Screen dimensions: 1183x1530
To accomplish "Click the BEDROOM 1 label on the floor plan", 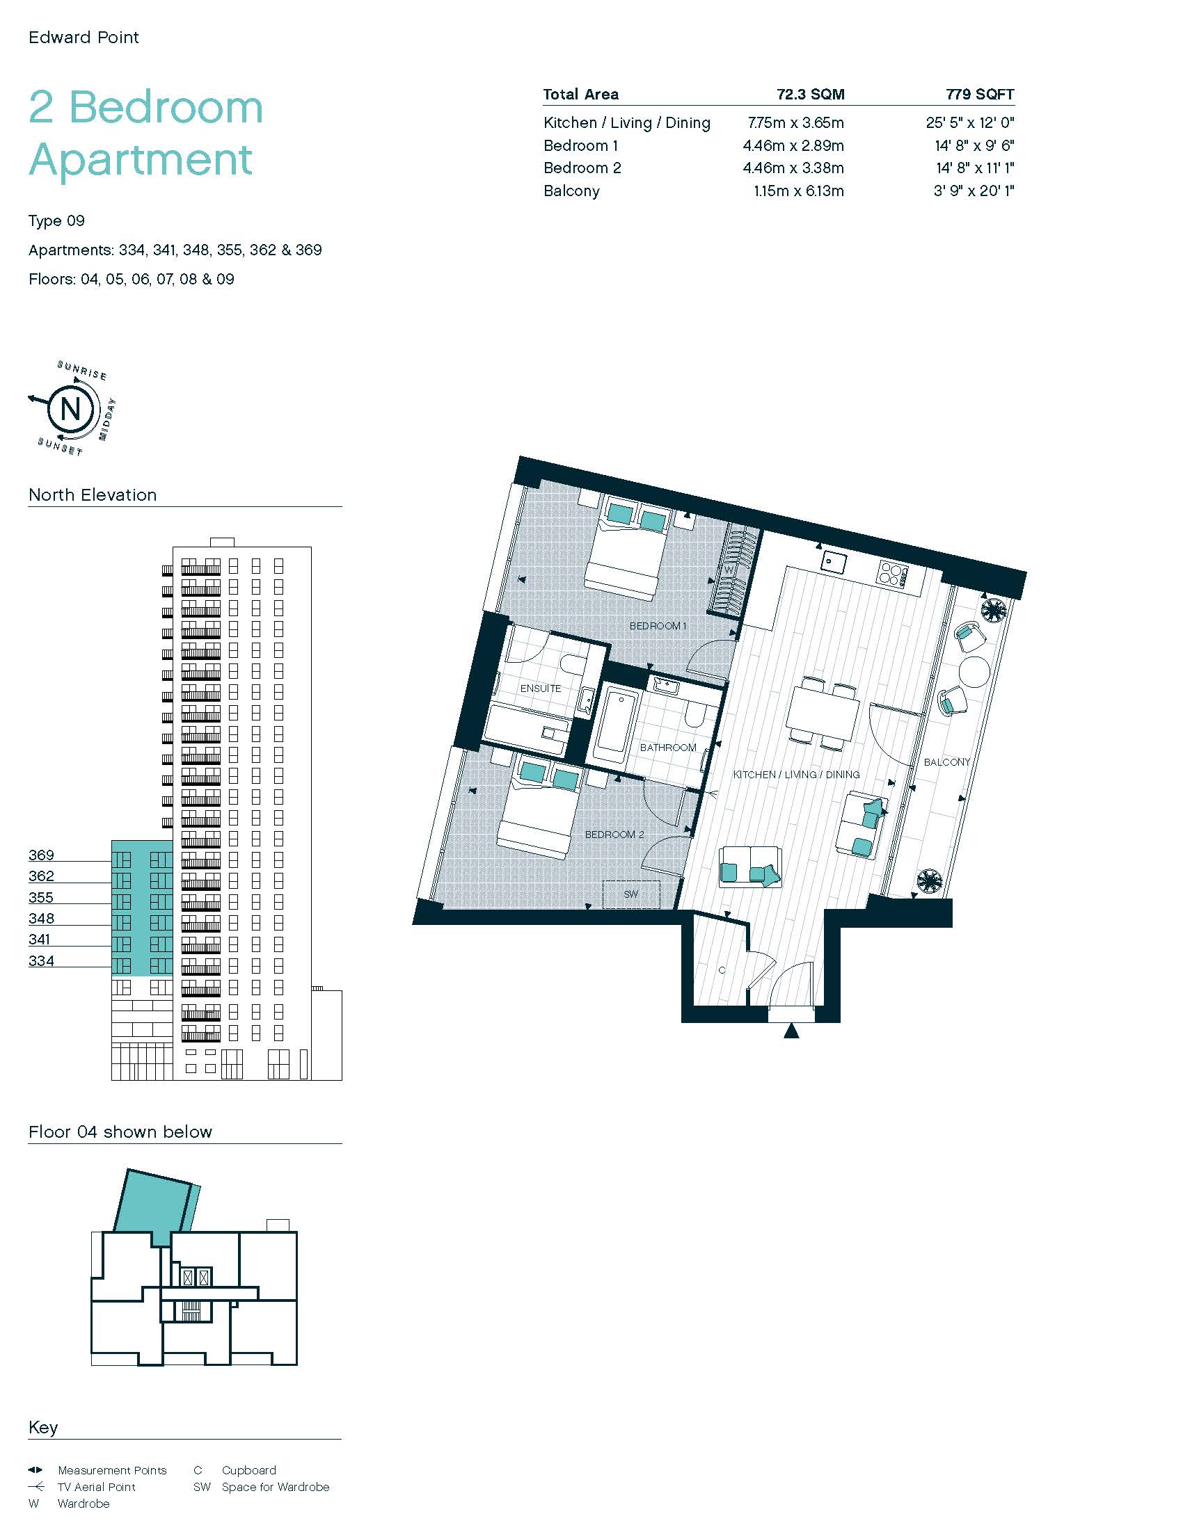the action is coord(658,626).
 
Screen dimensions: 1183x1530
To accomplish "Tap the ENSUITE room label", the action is coord(540,688).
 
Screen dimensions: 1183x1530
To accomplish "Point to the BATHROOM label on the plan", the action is coord(668,748).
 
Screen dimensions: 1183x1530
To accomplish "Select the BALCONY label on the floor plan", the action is coord(947,762).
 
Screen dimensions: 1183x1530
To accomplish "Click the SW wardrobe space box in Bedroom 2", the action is coord(631,894).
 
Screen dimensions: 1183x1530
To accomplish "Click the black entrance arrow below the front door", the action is coord(791,1030).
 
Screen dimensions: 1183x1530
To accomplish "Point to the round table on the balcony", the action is coord(974,671).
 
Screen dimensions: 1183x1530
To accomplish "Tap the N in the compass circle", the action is coord(71,408).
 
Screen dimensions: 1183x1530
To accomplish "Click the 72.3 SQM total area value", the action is coord(810,95).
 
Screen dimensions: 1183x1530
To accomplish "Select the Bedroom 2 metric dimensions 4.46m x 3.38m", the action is coord(793,168).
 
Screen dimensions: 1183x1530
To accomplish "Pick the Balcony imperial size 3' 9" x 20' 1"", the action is coord(974,191).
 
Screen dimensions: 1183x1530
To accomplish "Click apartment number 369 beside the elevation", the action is coord(41,855).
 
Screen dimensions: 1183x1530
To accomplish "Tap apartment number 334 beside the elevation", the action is coord(41,960).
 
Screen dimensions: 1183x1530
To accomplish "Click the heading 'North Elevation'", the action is coord(93,494).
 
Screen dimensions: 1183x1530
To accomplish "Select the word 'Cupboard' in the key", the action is coord(249,1469).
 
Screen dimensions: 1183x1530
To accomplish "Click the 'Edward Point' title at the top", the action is coord(84,37).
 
